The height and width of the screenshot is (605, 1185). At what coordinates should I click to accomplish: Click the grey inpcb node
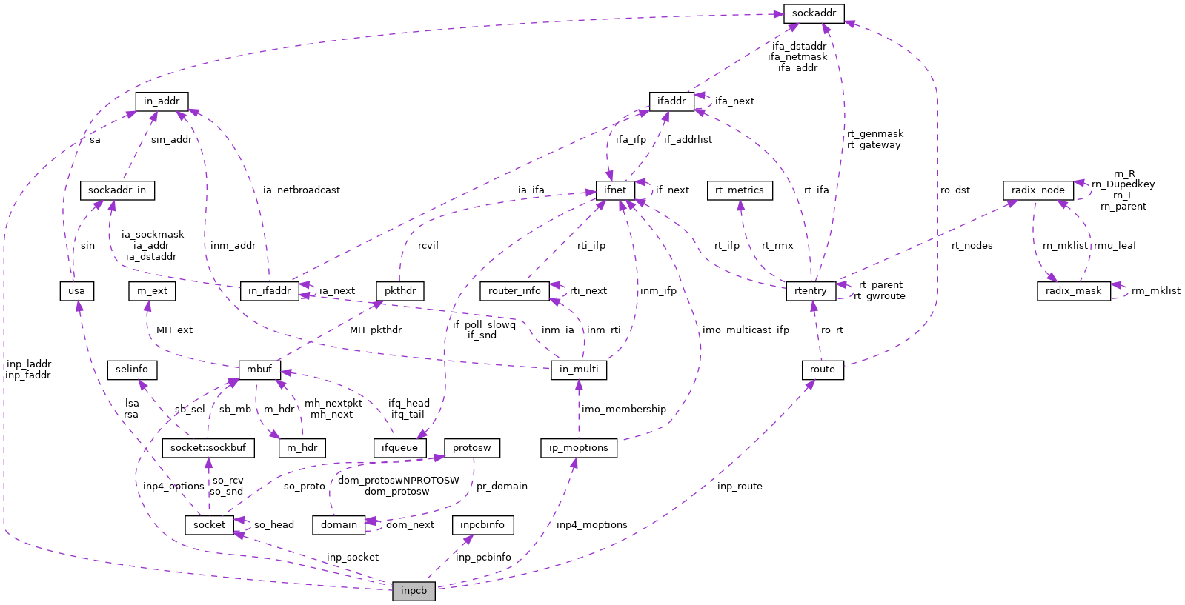(414, 591)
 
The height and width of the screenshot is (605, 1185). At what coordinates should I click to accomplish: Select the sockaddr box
(814, 13)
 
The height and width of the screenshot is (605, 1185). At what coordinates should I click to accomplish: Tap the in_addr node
(162, 101)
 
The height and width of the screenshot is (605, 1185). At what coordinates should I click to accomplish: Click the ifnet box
(615, 190)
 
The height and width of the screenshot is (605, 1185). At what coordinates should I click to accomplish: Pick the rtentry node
(810, 291)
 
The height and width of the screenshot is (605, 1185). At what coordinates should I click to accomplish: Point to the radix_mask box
(1073, 291)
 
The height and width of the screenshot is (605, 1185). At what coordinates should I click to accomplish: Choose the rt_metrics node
(740, 190)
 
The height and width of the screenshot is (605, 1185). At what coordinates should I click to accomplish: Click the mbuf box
(259, 370)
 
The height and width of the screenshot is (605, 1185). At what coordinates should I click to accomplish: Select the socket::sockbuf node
(208, 448)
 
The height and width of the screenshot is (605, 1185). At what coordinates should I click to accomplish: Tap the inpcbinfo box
(482, 525)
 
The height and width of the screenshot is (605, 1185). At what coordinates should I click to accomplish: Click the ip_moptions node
(579, 448)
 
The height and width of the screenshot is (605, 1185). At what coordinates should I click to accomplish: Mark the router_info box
(514, 291)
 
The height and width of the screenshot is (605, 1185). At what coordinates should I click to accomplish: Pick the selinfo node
(132, 370)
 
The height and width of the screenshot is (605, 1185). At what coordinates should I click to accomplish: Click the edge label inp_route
(740, 487)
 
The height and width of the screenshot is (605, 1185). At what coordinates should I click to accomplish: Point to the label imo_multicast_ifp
(746, 330)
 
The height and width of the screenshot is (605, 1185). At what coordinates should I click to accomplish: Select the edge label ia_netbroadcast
(302, 190)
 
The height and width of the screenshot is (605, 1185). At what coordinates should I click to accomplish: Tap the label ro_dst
(955, 190)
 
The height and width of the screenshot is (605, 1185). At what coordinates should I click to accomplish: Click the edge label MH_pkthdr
(376, 330)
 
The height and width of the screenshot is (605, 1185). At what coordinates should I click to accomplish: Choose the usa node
(76, 291)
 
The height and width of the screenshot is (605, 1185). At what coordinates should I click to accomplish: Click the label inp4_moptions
(591, 525)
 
